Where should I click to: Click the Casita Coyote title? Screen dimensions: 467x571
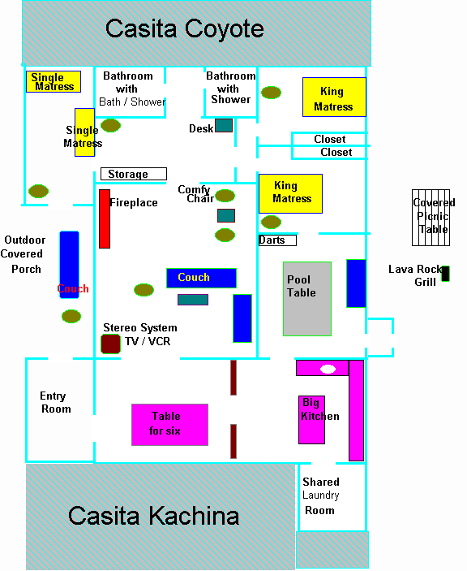(x=185, y=28)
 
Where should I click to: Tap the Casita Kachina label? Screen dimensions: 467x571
(x=153, y=516)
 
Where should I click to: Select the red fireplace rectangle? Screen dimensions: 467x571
(x=105, y=218)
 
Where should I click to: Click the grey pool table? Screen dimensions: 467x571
(x=307, y=299)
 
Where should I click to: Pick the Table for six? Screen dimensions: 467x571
(x=169, y=425)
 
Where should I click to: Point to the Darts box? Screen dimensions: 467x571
(x=277, y=240)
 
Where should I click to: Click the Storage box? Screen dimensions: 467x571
(x=134, y=174)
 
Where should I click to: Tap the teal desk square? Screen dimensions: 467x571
(x=224, y=125)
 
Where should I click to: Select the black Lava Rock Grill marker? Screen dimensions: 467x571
(x=445, y=274)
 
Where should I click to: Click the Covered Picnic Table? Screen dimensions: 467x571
(x=431, y=218)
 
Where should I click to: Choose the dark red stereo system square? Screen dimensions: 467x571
(x=110, y=344)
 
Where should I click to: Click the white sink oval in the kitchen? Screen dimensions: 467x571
(x=328, y=370)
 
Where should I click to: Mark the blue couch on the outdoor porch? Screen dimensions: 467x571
(x=69, y=265)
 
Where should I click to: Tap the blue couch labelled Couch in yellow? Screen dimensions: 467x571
(x=201, y=279)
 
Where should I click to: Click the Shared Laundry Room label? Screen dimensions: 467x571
(x=321, y=495)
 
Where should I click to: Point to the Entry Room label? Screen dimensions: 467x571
(x=55, y=402)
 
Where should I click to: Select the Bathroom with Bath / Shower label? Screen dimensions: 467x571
(x=132, y=89)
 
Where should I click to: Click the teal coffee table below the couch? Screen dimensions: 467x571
(x=193, y=300)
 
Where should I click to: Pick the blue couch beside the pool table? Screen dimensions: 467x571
(x=356, y=283)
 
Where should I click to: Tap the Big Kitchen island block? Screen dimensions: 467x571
(x=311, y=420)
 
